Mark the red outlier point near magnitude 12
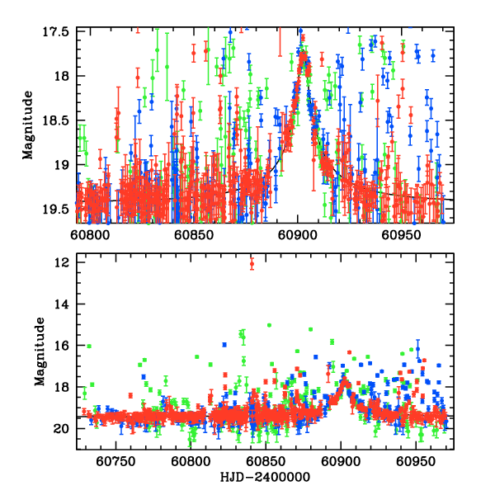[x=252, y=264]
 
